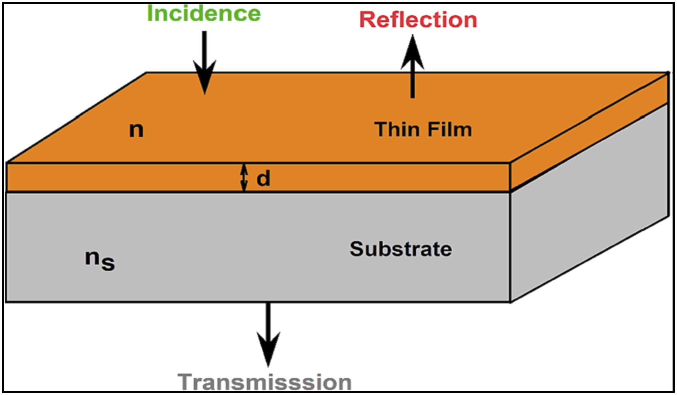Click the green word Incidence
pos(204,14)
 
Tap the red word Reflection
pos(418,20)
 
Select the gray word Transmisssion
pos(265,382)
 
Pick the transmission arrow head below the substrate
pos(268,349)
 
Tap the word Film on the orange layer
pos(450,129)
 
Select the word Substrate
pos(401,249)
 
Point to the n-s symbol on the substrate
pos(100,260)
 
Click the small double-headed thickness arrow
pos(244,178)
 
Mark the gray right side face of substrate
pos(590,203)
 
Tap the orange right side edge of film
pos(590,132)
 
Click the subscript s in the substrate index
pos(108,264)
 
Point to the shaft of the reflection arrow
pos(412,84)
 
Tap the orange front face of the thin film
pos(258,178)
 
